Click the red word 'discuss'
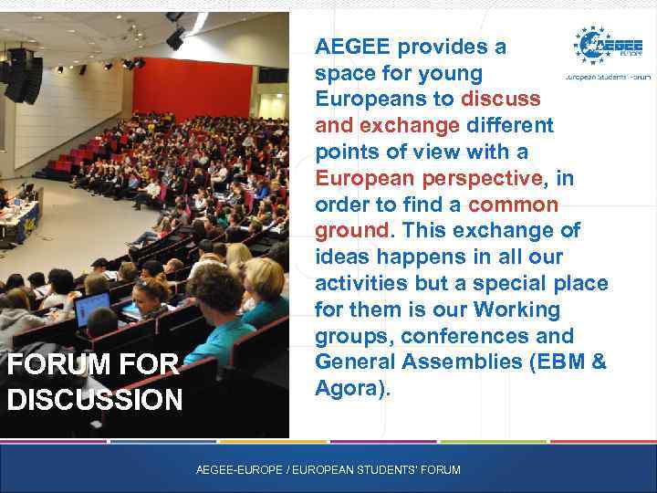(x=501, y=98)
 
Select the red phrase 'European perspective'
(x=428, y=177)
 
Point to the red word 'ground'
(x=352, y=230)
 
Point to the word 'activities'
(x=360, y=283)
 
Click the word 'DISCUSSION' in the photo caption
(x=94, y=399)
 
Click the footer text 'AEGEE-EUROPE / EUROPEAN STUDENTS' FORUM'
(x=328, y=469)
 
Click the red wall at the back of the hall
(x=192, y=87)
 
